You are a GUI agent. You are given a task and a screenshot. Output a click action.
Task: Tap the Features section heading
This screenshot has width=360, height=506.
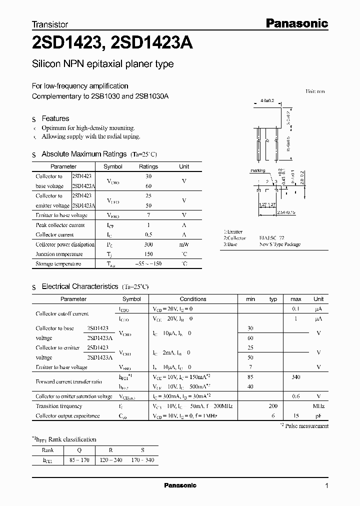pyautogui.click(x=55, y=118)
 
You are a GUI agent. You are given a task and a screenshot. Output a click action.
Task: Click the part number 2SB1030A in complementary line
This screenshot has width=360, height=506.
pyautogui.click(x=152, y=95)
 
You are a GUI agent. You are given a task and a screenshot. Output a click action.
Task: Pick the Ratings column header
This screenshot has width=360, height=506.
pyautogui.click(x=148, y=166)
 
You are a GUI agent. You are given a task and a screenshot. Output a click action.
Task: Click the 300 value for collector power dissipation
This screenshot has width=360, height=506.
pyautogui.click(x=148, y=244)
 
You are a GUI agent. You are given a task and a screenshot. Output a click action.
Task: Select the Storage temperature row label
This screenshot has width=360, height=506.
pyautogui.click(x=58, y=263)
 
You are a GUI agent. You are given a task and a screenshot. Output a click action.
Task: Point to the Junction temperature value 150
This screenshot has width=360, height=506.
pyautogui.click(x=148, y=254)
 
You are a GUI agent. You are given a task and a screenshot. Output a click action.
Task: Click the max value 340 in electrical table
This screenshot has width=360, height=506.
pyautogui.click(x=295, y=377)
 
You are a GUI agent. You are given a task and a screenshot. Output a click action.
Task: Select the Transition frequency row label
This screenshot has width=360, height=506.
pyautogui.click(x=59, y=406)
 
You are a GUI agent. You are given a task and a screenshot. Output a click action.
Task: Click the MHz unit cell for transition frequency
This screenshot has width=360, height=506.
pyautogui.click(x=318, y=406)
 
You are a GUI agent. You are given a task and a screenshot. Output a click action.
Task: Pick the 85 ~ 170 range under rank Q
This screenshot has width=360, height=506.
pyautogui.click(x=79, y=459)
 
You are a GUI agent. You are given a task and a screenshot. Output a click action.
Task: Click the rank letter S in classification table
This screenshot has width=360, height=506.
pyautogui.click(x=143, y=449)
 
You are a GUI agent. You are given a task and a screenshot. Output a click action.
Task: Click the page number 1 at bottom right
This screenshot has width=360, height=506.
pyautogui.click(x=326, y=485)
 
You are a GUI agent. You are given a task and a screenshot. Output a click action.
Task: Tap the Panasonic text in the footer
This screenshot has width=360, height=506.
pyautogui.click(x=180, y=485)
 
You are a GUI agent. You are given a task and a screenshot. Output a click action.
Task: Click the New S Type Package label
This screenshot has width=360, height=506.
pyautogui.click(x=280, y=244)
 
